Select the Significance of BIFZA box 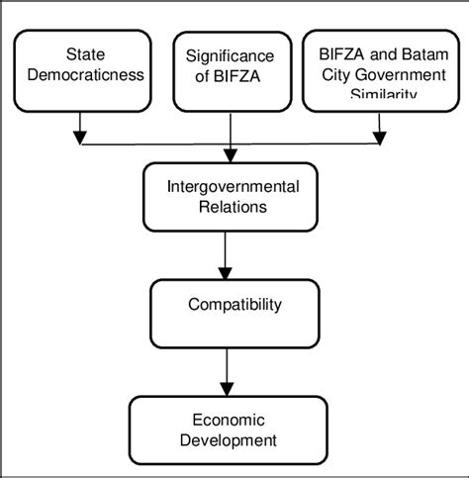pos(231,70)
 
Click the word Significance pos(231,55)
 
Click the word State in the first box pos(85,54)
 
